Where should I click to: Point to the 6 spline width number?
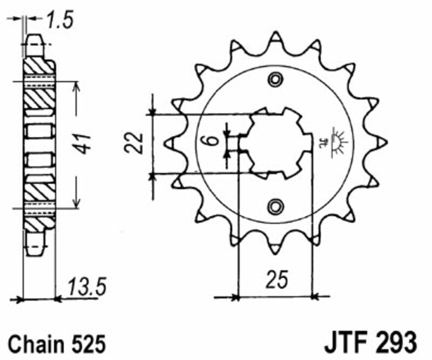click(x=212, y=142)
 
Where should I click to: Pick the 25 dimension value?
click(x=276, y=280)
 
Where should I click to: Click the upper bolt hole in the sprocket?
click(x=276, y=80)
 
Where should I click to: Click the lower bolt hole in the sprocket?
click(x=276, y=205)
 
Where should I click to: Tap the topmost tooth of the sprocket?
click(x=276, y=38)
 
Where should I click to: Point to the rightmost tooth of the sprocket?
click(x=382, y=142)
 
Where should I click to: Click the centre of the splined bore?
click(x=275, y=143)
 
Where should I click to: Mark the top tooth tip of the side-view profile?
click(x=33, y=39)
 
